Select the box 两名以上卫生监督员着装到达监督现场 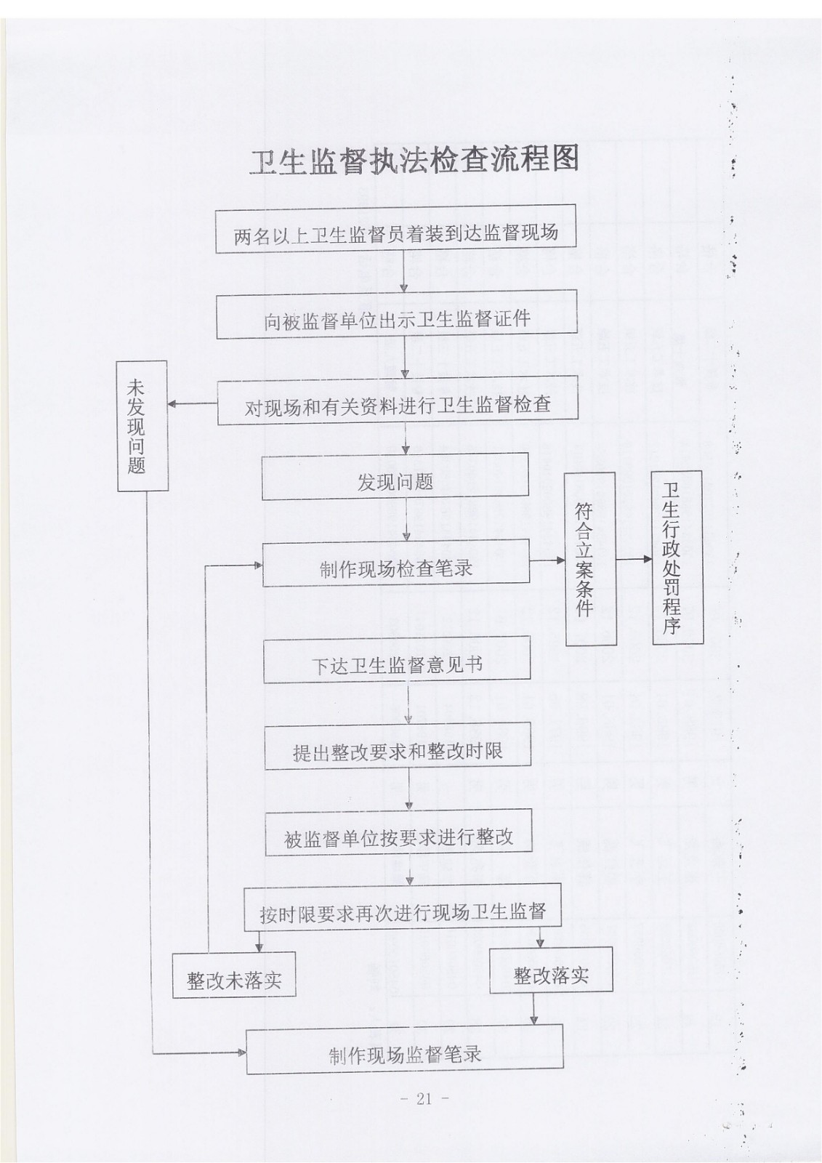(395, 228)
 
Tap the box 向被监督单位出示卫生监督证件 (397, 314)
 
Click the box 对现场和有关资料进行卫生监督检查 (398, 400)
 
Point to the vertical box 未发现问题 (142, 426)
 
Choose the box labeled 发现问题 (395, 476)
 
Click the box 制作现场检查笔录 (396, 563)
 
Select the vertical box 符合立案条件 (590, 559)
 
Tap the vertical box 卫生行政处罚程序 (677, 558)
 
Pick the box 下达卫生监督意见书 (398, 659)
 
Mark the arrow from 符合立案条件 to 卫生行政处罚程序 (634, 559)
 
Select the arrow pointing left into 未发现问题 (192, 404)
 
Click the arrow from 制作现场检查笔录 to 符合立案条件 (547, 560)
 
